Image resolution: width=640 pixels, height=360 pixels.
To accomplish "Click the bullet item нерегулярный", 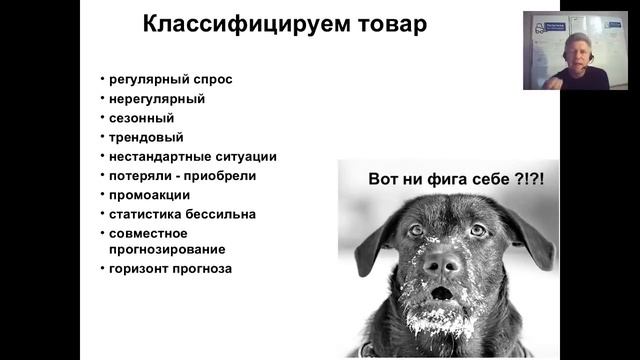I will coord(156,99).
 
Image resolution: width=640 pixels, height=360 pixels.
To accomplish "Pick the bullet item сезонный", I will coord(142,118).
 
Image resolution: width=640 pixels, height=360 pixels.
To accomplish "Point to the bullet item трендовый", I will coord(147,137).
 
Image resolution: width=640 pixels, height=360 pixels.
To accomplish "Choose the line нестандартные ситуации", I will coord(193,156).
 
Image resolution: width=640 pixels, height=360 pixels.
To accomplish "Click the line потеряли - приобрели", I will coord(182,175).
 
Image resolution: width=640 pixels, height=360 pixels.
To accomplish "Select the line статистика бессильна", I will coord(182,213).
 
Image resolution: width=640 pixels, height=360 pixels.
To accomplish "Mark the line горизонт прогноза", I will coord(171,269).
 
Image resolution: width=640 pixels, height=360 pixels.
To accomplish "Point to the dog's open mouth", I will coord(441,293).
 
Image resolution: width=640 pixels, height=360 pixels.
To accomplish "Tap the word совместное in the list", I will coord(149,233).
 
